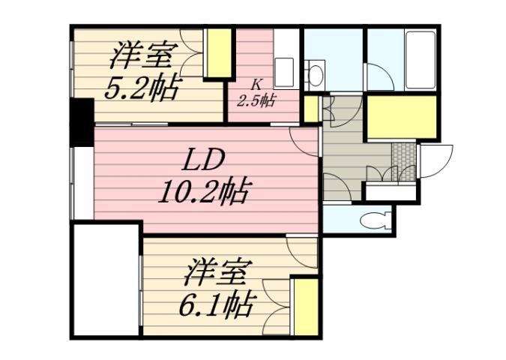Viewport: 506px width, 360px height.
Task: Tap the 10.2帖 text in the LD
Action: (203, 193)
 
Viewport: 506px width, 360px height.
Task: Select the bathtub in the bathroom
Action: (420, 60)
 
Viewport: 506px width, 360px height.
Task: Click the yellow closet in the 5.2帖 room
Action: (217, 53)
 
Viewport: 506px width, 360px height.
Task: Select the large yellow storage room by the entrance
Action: (401, 115)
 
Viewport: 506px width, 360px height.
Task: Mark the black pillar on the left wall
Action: (80, 121)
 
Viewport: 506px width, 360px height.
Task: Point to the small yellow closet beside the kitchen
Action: (310, 109)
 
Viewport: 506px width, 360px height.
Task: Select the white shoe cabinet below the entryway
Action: (389, 192)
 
